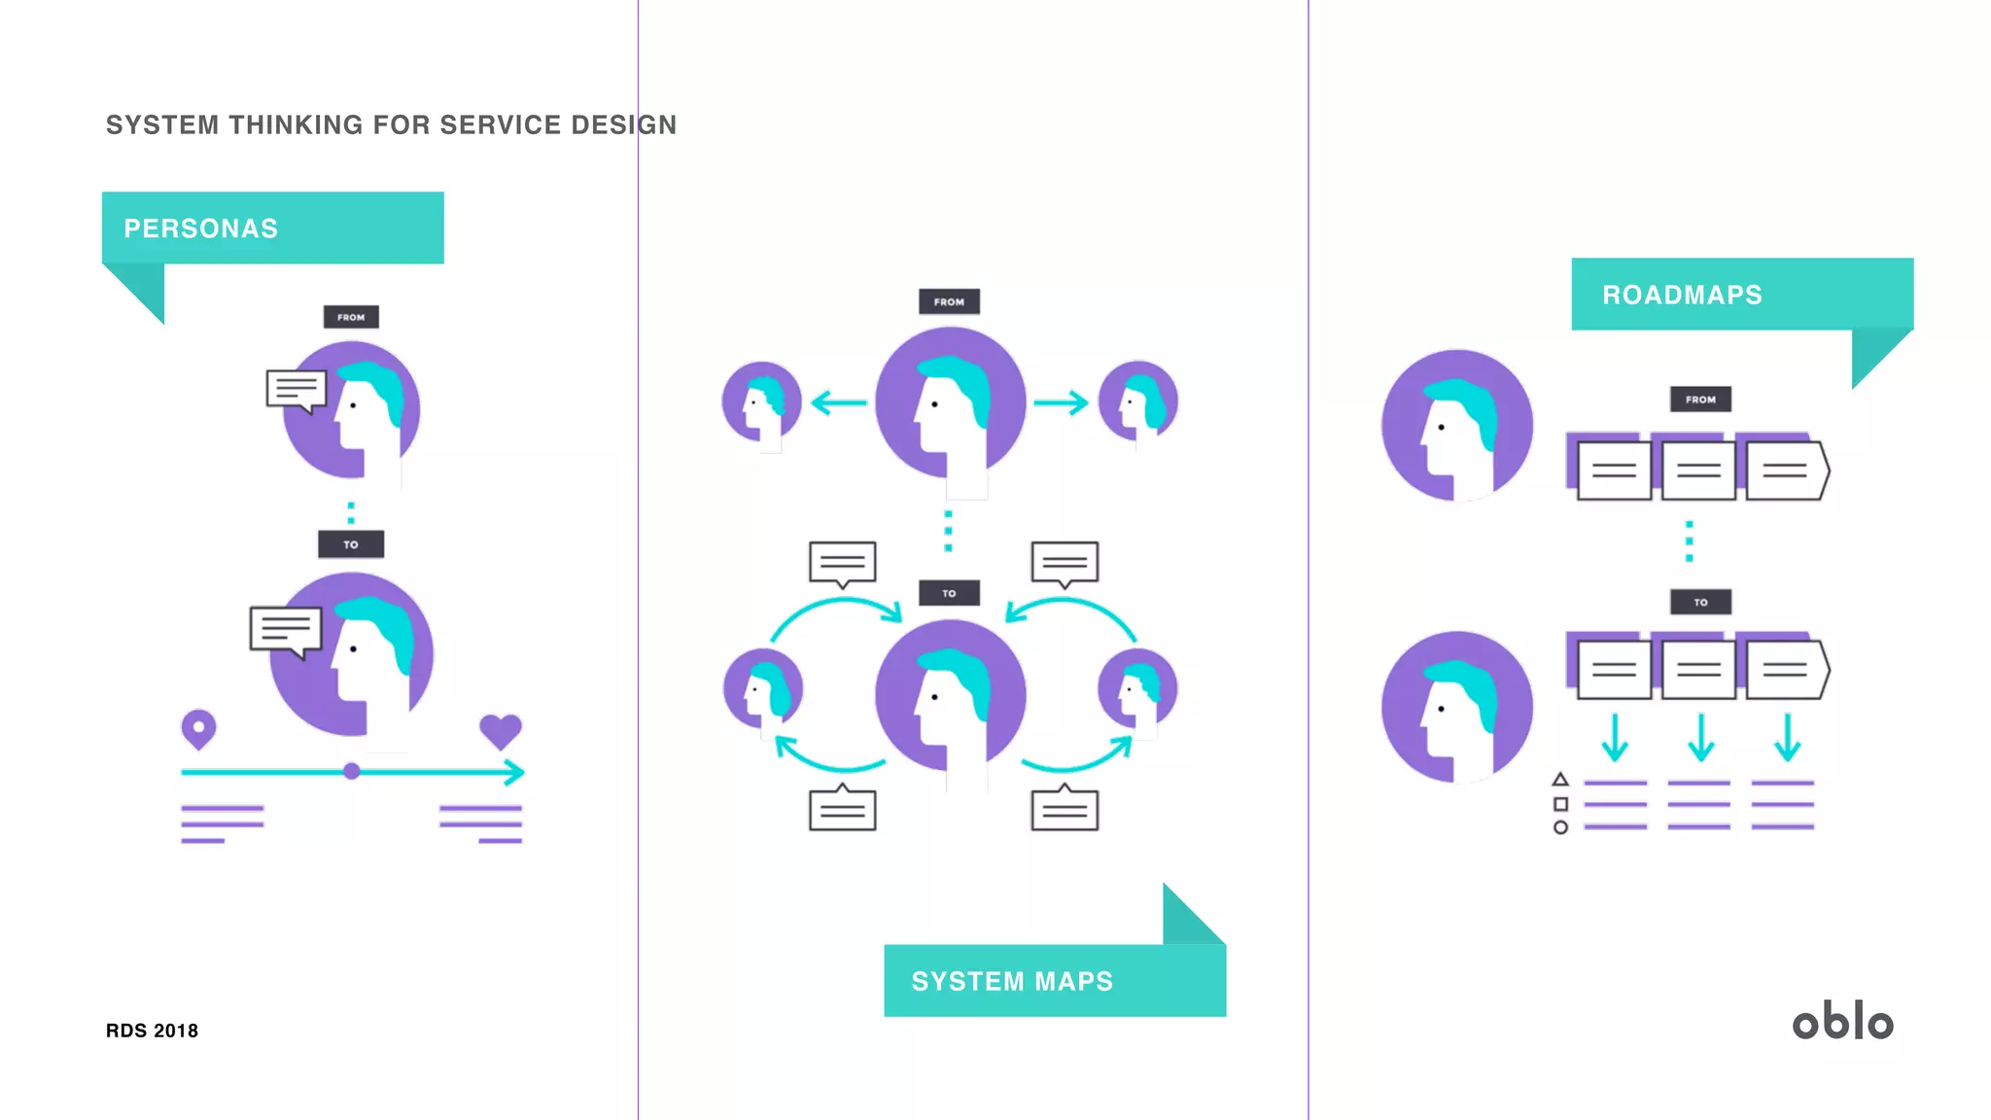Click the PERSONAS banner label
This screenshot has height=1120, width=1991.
point(201,228)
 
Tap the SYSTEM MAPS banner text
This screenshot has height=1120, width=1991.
point(1012,982)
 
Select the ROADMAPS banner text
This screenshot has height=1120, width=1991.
point(1682,295)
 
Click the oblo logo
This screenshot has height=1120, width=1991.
point(1842,1022)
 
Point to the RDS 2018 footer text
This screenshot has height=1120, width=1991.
point(152,1031)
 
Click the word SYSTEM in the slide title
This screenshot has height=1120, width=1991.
point(162,125)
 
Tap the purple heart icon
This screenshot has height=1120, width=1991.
point(501,731)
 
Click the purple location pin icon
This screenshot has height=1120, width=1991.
point(198,728)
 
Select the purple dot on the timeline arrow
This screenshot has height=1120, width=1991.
point(352,772)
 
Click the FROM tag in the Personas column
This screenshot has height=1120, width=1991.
point(351,317)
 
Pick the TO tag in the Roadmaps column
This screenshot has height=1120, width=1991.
point(1700,603)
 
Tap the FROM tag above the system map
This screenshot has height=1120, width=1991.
point(949,301)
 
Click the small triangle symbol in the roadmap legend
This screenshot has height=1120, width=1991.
point(1560,780)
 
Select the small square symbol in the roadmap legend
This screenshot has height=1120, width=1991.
point(1560,804)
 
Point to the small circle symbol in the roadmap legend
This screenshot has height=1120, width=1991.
point(1560,827)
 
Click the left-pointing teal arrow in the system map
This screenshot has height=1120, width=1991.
point(837,402)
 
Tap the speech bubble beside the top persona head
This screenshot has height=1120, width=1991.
point(296,390)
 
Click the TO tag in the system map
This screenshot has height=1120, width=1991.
point(949,593)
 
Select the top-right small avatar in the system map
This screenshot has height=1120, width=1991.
point(1137,402)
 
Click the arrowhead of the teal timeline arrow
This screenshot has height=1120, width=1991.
point(516,773)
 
